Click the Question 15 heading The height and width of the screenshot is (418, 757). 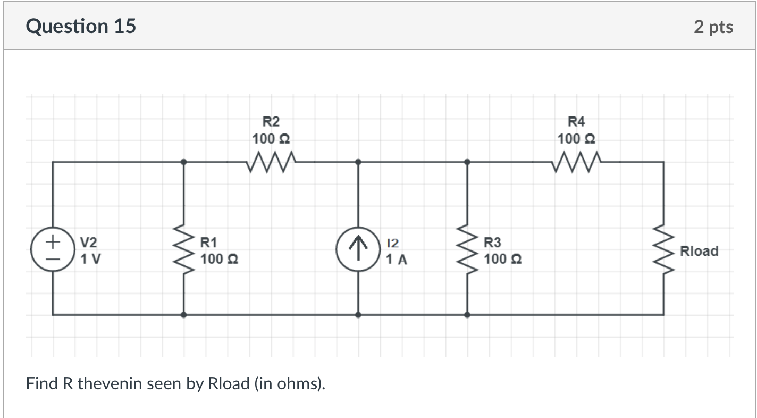pyautogui.click(x=81, y=26)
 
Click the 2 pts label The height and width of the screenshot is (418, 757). pyautogui.click(x=713, y=27)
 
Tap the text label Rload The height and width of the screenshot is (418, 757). pyautogui.click(x=699, y=251)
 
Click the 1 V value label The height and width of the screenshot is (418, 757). pyautogui.click(x=91, y=260)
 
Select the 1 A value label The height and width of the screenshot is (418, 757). pyautogui.click(x=397, y=260)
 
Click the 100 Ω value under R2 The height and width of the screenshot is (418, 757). pyautogui.click(x=271, y=139)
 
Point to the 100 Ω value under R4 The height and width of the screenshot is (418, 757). pyautogui.click(x=576, y=139)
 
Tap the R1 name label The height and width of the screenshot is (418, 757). pyautogui.click(x=208, y=243)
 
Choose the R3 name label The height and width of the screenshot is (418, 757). pyautogui.click(x=492, y=243)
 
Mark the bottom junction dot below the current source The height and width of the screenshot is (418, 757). pyautogui.click(x=358, y=315)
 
